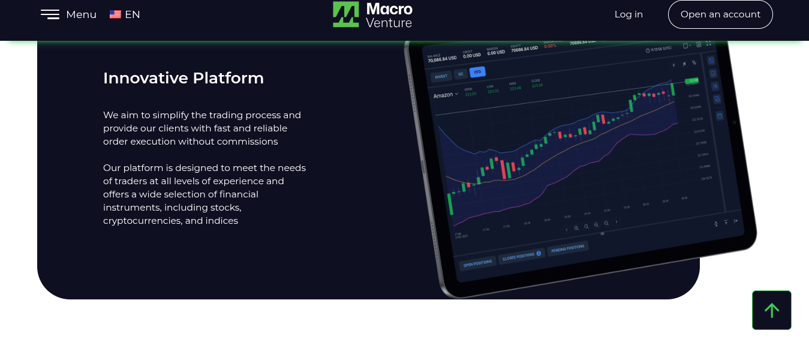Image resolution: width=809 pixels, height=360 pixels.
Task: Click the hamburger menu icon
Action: (x=50, y=14)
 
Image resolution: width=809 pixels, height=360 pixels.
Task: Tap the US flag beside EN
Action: (x=115, y=14)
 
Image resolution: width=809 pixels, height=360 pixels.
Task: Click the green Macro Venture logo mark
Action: (x=346, y=14)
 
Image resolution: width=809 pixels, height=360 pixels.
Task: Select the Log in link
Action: (x=628, y=14)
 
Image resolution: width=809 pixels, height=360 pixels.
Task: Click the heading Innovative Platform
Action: (x=184, y=78)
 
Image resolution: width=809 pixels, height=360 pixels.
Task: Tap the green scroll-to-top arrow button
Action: (x=771, y=310)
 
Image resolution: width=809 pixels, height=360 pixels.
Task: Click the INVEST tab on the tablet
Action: (x=441, y=76)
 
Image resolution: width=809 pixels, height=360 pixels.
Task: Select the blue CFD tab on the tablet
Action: (x=477, y=72)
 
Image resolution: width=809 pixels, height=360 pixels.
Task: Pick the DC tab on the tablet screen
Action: (x=461, y=74)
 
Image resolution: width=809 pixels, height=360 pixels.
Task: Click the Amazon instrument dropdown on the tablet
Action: (x=446, y=95)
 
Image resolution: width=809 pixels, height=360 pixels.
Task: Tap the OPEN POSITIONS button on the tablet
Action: (x=477, y=263)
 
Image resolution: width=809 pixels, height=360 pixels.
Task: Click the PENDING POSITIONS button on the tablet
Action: (x=567, y=248)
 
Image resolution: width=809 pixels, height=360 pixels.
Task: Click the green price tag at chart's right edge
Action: (x=693, y=80)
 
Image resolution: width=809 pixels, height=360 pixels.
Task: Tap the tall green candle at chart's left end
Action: (x=450, y=203)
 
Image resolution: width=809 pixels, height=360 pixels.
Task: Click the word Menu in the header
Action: (x=81, y=14)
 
